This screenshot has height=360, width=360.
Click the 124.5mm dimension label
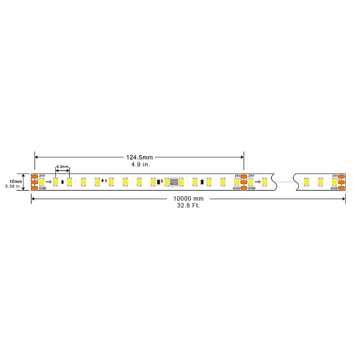pos(139,157)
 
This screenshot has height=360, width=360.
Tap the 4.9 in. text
pos(140,165)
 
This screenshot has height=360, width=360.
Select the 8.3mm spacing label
pos(62,167)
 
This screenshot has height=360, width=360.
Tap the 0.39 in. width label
pos(13,186)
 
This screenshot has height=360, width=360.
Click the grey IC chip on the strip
pos(174,182)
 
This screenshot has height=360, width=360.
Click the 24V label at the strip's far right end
pos(335,175)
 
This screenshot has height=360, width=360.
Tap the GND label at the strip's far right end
pos(334,188)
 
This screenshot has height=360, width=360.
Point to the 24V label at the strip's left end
pos(42,175)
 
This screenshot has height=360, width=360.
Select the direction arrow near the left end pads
pos(48,182)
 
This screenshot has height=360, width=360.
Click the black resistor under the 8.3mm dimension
pos(63,182)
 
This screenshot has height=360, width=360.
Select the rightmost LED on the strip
pos(334,182)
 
